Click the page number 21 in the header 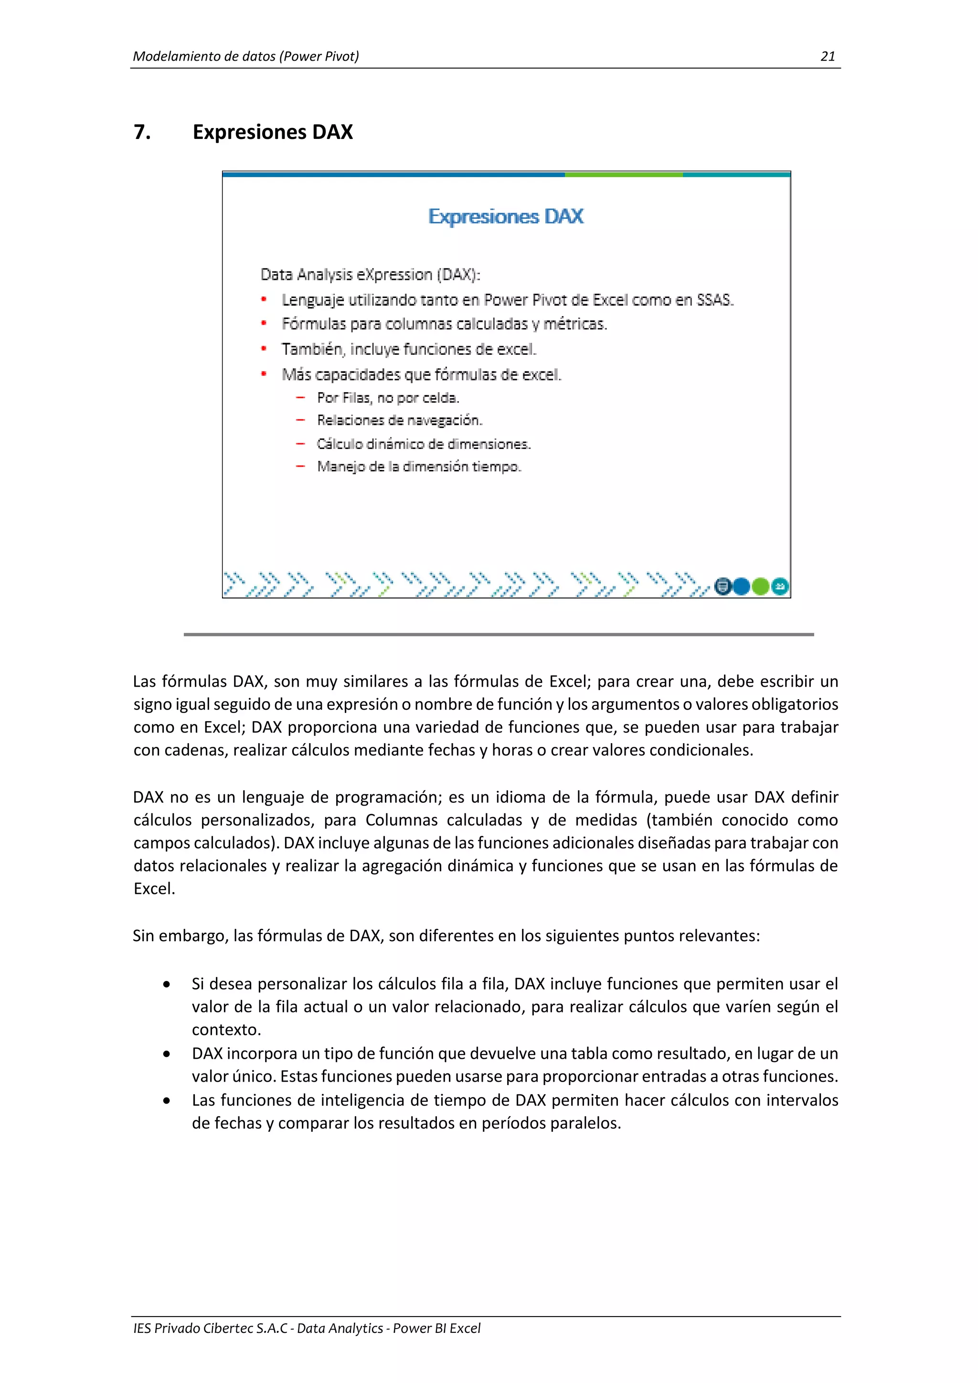[x=828, y=57]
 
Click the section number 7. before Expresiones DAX [x=142, y=132]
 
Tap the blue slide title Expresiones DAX [x=506, y=216]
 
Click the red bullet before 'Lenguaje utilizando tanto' [x=264, y=299]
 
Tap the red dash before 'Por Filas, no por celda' [x=300, y=397]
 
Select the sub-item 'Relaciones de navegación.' [x=399, y=420]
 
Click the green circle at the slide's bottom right [x=761, y=585]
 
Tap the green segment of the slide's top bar [x=623, y=175]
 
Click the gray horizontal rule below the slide [x=499, y=634]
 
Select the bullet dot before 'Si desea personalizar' [x=167, y=984]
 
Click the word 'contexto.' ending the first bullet [x=226, y=1030]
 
